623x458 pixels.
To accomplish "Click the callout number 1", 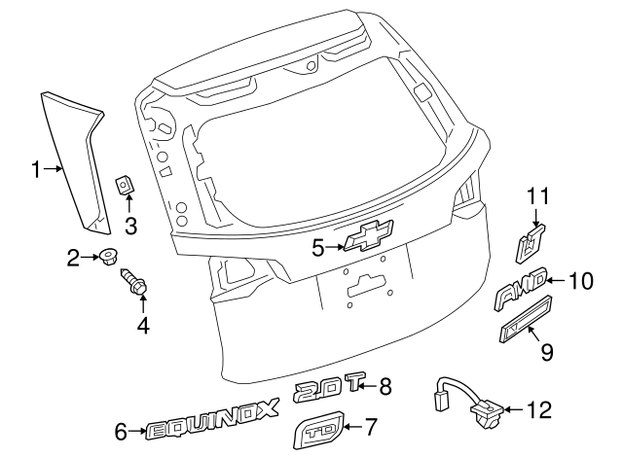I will (36, 170).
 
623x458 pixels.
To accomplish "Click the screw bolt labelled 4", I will (135, 286).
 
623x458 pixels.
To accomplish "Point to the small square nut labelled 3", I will (126, 185).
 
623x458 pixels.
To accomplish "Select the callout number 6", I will (122, 431).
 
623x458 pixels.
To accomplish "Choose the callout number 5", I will (317, 249).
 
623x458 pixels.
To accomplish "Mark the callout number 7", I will (370, 426).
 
